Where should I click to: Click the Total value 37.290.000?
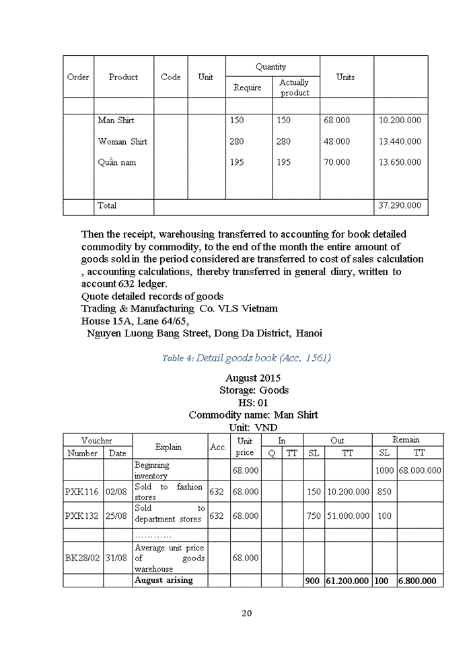(400, 205)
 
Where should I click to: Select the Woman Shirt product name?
(122, 141)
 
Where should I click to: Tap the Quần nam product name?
(117, 162)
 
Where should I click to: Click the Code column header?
(171, 77)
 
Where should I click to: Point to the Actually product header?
(295, 87)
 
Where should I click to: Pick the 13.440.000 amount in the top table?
(400, 141)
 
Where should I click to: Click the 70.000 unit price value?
(336, 162)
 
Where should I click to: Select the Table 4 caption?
(246, 358)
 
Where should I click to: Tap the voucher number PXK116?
(83, 492)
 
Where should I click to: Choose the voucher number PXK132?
(83, 515)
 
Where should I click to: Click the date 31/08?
(117, 558)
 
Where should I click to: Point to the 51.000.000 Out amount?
(348, 515)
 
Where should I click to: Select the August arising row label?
(164, 580)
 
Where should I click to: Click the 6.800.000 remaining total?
(416, 581)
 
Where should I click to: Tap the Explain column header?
(169, 447)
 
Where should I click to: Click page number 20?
(247, 613)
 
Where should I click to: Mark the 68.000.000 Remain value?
(420, 470)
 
